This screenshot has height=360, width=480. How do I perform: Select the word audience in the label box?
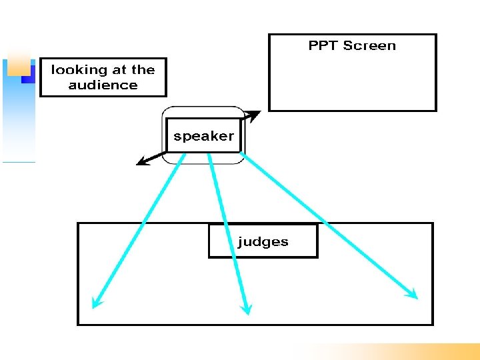click(x=103, y=85)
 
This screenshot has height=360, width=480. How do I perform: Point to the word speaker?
click(x=203, y=137)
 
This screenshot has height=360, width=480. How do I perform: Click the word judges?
click(x=263, y=242)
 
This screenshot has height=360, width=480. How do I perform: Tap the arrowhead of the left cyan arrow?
click(x=97, y=302)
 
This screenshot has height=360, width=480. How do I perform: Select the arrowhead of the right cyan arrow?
click(x=411, y=293)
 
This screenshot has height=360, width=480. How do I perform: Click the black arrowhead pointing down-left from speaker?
click(x=141, y=161)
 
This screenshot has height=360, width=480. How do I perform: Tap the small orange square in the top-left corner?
click(x=18, y=62)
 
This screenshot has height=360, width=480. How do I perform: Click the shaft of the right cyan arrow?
click(x=327, y=224)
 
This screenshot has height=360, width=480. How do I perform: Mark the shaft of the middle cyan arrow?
click(x=227, y=230)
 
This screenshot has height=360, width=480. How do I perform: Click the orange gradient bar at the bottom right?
click(x=400, y=351)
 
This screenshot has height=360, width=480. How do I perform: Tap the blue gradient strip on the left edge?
click(x=18, y=120)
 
